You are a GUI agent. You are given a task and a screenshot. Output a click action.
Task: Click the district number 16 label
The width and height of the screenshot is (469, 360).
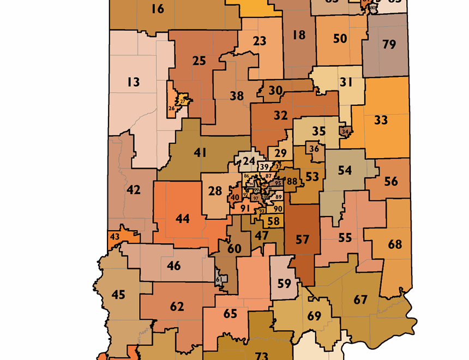158,9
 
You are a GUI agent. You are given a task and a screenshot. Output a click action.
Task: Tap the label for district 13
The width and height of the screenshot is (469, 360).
133,82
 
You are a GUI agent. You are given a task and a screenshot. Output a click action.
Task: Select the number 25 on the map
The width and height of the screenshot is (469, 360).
199,61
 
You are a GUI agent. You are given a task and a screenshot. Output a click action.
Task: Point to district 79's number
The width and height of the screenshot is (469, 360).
389,44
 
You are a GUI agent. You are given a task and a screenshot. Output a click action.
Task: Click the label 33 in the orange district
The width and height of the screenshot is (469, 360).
381,119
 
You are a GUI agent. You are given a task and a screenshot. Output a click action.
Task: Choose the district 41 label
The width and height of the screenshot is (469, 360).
200,153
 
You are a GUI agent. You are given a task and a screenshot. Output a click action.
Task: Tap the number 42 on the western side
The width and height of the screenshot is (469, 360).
134,190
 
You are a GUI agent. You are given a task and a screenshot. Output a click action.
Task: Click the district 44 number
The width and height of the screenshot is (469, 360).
183,219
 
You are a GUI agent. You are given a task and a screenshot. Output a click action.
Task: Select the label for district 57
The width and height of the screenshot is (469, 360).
302,239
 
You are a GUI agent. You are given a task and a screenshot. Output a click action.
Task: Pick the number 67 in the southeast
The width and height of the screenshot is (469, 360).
360,300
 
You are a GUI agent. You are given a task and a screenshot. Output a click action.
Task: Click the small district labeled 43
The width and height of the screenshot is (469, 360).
115,237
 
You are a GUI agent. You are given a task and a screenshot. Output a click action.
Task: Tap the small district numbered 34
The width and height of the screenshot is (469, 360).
345,131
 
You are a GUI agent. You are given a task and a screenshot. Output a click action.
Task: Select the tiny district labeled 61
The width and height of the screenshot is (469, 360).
219,279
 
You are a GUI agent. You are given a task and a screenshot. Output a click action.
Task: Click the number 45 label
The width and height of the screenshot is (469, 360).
118,295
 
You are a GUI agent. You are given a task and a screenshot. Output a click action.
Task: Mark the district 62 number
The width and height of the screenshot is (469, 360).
177,307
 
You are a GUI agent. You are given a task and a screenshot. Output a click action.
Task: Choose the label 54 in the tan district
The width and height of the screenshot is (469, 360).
345,170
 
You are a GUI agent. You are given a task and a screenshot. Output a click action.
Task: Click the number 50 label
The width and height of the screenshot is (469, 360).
340,38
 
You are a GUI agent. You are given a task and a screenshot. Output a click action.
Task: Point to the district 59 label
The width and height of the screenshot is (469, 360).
284,284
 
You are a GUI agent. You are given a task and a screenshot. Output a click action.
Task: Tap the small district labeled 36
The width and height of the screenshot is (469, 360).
314,149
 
